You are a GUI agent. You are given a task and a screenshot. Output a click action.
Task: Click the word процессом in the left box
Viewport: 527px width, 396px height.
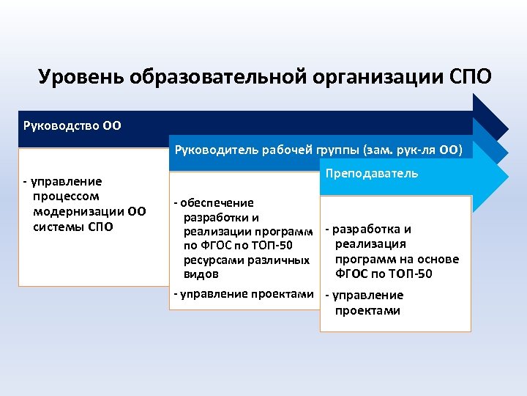pos(66,197)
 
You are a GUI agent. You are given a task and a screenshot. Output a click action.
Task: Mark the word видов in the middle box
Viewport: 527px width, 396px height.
pos(201,274)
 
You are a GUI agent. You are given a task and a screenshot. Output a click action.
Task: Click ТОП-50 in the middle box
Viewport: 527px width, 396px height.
pos(273,246)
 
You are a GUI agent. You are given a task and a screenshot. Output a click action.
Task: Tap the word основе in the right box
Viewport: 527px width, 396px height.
pos(438,260)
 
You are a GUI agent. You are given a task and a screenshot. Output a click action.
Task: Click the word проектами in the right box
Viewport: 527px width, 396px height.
pos(367,310)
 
